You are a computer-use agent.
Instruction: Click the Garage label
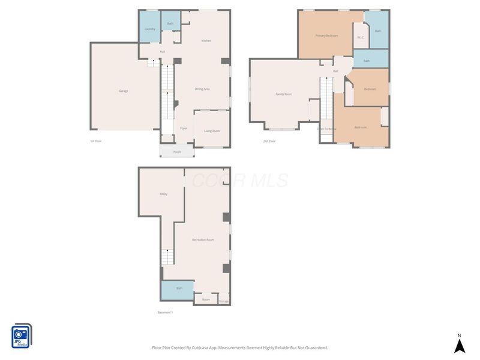pyautogui.click(x=124, y=91)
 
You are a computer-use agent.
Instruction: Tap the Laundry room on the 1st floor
pyautogui.click(x=150, y=29)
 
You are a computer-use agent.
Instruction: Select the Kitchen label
pyautogui.click(x=206, y=40)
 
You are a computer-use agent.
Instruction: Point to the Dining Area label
pyautogui.click(x=202, y=89)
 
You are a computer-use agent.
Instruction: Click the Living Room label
pyautogui.click(x=212, y=130)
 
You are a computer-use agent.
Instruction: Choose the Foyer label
pyautogui.click(x=184, y=128)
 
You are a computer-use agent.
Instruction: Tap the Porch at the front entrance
pyautogui.click(x=177, y=152)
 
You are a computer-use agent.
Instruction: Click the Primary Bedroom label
pyautogui.click(x=327, y=36)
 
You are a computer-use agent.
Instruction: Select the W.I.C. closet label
pyautogui.click(x=361, y=38)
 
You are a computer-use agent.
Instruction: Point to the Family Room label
pyautogui.click(x=284, y=94)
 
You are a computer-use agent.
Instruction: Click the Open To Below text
pyautogui.click(x=326, y=128)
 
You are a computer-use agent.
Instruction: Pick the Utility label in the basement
pyautogui.click(x=163, y=194)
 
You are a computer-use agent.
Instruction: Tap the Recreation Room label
pyautogui.click(x=203, y=239)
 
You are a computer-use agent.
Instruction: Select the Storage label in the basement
pyautogui.click(x=223, y=301)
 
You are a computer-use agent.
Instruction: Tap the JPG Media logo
pyautogui.click(x=22, y=336)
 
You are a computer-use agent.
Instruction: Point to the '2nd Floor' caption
pyautogui.click(x=269, y=141)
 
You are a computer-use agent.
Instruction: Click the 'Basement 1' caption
pyautogui.click(x=165, y=313)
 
